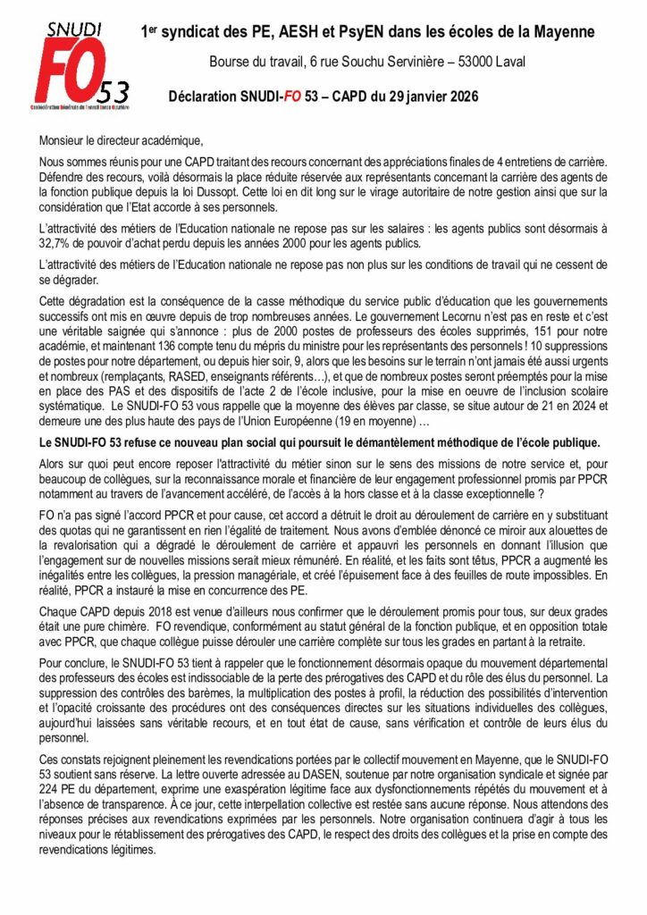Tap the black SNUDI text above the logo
point(71,29)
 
